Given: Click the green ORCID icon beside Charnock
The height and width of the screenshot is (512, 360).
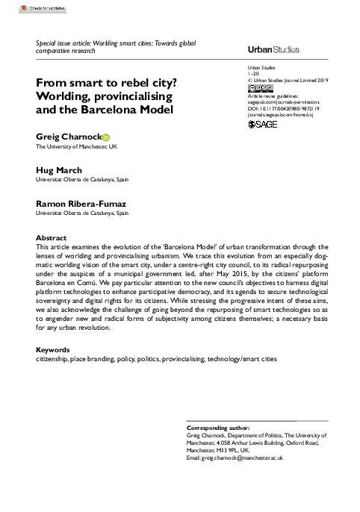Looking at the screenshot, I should [105, 137].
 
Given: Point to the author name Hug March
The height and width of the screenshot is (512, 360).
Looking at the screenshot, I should [60, 169].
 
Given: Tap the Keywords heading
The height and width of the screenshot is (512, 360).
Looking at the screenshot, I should [53, 349].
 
